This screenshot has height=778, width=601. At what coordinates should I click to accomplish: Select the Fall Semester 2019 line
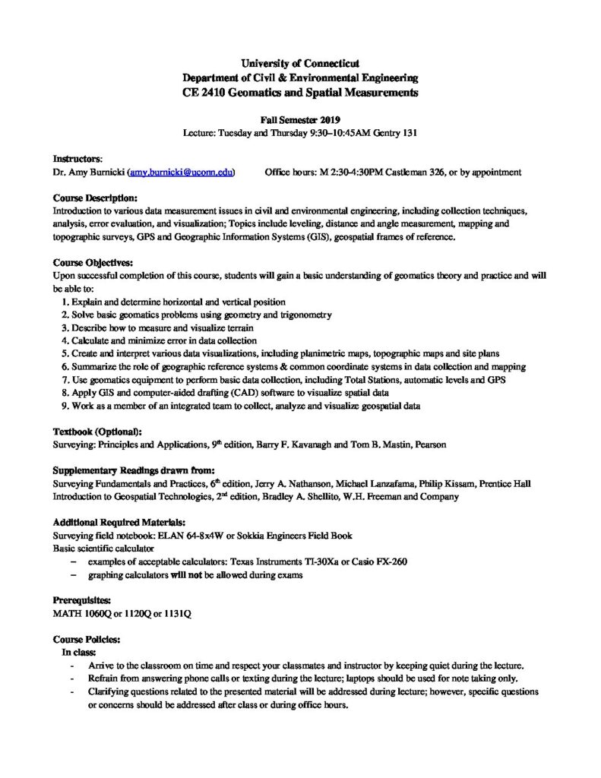(x=300, y=119)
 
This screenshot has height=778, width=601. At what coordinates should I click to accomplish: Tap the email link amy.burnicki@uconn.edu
(x=182, y=172)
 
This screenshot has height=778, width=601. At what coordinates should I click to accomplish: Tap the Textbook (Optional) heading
(x=97, y=432)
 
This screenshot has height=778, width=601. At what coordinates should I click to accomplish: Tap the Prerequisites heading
(x=81, y=600)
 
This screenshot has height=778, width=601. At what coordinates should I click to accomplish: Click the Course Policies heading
(x=86, y=640)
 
